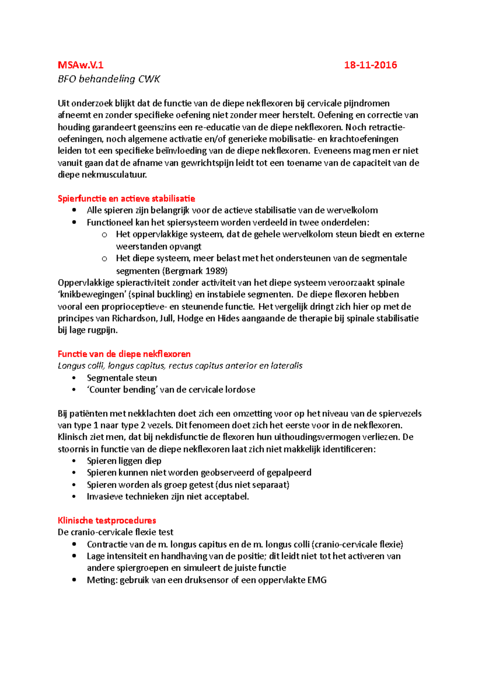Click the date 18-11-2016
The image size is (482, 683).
[x=370, y=65]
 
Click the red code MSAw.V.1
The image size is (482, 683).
[x=80, y=65]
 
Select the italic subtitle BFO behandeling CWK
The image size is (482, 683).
[x=109, y=79]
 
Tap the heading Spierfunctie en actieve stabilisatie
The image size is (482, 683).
[x=126, y=198]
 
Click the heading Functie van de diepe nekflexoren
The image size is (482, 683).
[x=124, y=354]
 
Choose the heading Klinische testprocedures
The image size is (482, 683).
[x=107, y=520]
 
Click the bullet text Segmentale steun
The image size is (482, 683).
[x=122, y=378]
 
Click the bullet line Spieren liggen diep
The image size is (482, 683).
[x=124, y=461]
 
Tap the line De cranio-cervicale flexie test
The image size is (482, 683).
[x=115, y=532]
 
